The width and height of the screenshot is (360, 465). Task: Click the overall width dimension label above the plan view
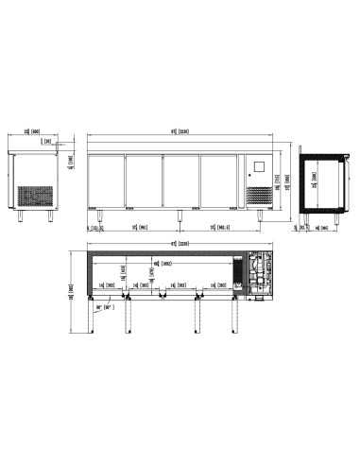pyautogui.click(x=174, y=243)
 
